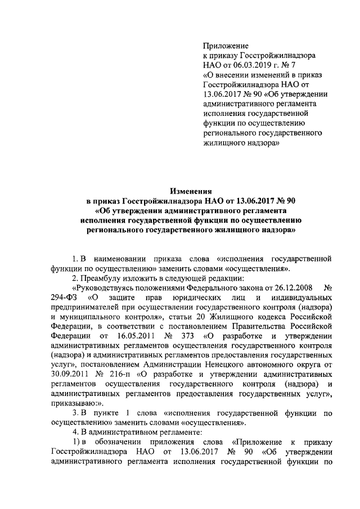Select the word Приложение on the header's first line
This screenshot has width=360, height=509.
(x=226, y=46)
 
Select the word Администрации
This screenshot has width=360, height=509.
(x=166, y=364)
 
